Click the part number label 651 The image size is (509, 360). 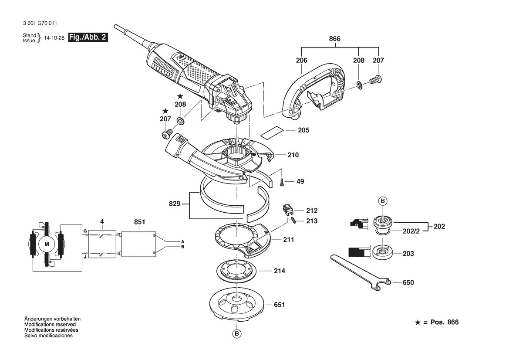pyautogui.click(x=279, y=305)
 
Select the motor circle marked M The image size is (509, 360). pyautogui.click(x=47, y=244)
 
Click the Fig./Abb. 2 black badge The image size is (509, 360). pyautogui.click(x=88, y=37)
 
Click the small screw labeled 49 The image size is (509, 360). pyautogui.click(x=282, y=182)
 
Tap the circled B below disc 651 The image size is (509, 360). pyautogui.click(x=236, y=334)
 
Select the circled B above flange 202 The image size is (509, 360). pyautogui.click(x=382, y=201)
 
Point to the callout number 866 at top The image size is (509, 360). pyautogui.click(x=334, y=39)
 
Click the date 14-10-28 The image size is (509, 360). pyautogui.click(x=54, y=38)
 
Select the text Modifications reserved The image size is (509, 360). pyautogui.click(x=50, y=325)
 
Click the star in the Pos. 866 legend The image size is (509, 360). pyautogui.click(x=418, y=323)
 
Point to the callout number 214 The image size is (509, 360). pyautogui.click(x=279, y=271)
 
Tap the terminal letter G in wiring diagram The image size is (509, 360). pyautogui.click(x=85, y=230)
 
